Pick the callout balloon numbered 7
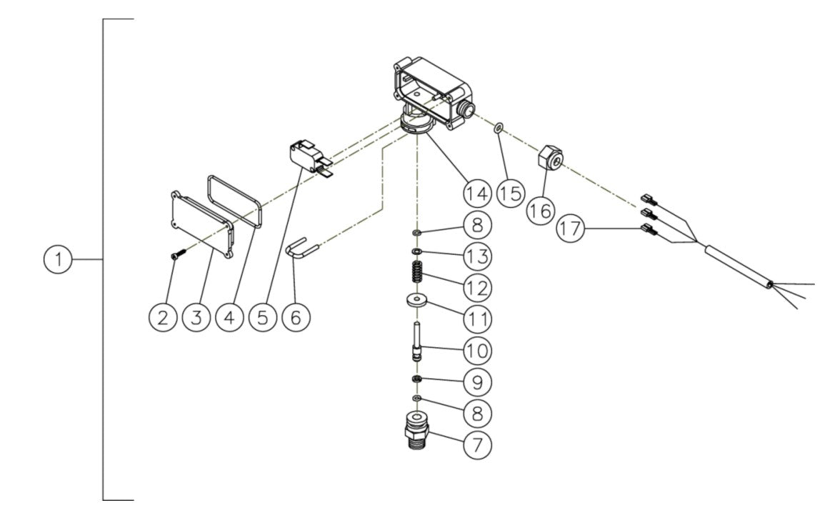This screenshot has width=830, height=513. [x=477, y=444]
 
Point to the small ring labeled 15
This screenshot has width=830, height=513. [x=499, y=129]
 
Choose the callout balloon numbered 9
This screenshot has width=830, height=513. [x=477, y=382]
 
